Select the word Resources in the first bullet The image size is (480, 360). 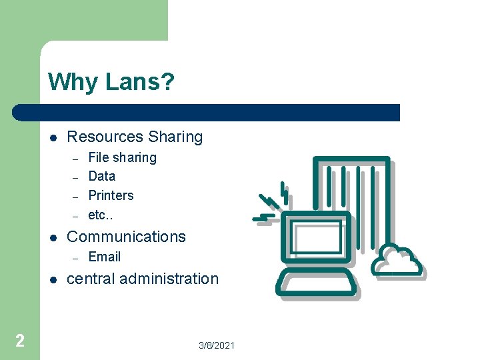105,137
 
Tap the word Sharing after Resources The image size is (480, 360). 175,137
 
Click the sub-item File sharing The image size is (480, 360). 122,158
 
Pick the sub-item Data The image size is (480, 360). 102,177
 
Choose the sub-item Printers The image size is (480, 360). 111,196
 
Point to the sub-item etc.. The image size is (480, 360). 101,216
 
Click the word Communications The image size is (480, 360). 127,237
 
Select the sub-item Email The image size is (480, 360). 105,257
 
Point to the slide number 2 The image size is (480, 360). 20,341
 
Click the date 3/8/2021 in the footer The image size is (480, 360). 217,346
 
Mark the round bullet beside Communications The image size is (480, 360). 53,237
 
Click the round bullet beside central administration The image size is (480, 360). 53,279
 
